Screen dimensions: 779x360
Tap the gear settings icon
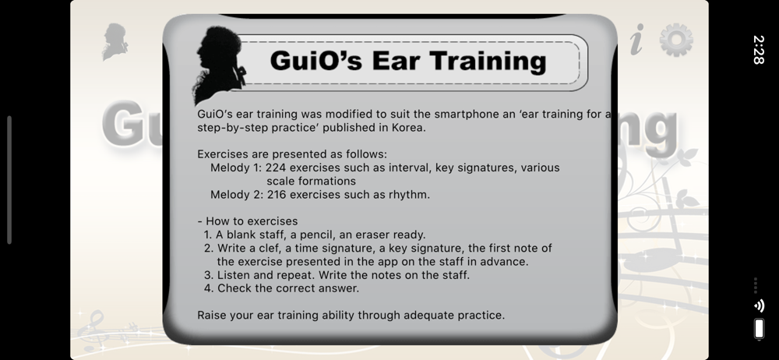(x=676, y=41)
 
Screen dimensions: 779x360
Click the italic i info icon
(x=637, y=39)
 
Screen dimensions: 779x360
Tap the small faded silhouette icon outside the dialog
(x=115, y=42)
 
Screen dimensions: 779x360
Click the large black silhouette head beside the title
(x=219, y=65)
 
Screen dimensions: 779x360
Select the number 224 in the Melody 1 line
(x=275, y=168)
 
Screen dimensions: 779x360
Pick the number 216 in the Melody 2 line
(x=277, y=195)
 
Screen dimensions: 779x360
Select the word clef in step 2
(x=270, y=249)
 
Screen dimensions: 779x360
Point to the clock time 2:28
(x=759, y=50)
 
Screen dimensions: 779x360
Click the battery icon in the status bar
(x=759, y=329)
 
